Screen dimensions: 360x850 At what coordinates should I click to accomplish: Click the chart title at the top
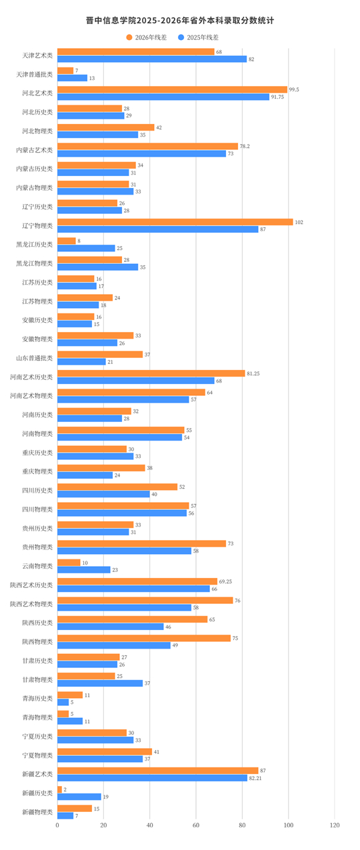[180, 21]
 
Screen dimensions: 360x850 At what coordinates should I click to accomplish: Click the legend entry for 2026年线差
[147, 37]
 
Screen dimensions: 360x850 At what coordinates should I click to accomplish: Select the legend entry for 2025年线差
[199, 37]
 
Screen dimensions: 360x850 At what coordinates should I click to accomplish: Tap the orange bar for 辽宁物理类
[175, 222]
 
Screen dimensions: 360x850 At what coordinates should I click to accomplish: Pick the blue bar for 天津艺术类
[152, 59]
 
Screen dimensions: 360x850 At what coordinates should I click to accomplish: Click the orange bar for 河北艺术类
[173, 89]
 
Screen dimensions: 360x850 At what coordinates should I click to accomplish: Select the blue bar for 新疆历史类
[79, 797]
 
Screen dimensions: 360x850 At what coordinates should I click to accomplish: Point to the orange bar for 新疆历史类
[59, 789]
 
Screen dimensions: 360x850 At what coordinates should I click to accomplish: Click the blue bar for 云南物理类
[84, 570]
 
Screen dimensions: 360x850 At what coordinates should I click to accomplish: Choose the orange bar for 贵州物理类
[142, 544]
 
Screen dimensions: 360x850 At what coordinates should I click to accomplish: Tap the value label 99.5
[294, 89]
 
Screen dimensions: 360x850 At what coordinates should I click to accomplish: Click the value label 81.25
[253, 374]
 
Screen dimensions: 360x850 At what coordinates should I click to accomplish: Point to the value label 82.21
[255, 778]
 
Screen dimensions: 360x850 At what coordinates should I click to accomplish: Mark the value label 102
[299, 223]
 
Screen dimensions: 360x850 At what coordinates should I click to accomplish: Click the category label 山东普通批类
[34, 358]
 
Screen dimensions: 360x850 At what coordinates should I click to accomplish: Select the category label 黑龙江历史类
[34, 245]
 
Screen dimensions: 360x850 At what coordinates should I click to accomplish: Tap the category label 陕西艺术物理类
[31, 604]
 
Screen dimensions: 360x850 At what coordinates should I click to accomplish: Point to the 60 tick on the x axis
[196, 825]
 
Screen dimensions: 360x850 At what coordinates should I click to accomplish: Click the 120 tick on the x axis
[335, 825]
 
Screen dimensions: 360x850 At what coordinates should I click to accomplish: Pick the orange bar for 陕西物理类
[144, 638]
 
